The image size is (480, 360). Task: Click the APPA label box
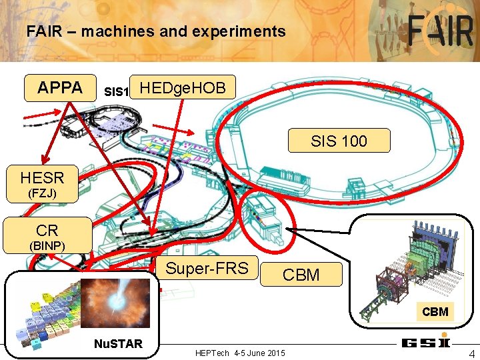[60, 87]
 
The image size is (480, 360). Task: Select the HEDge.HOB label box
[183, 87]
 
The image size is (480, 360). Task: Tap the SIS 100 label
[339, 141]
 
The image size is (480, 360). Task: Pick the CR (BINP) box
[47, 236]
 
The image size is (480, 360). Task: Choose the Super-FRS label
[207, 269]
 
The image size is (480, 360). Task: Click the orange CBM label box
[301, 274]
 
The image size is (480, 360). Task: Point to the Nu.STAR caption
[117, 344]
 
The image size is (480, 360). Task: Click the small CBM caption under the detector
[435, 311]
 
